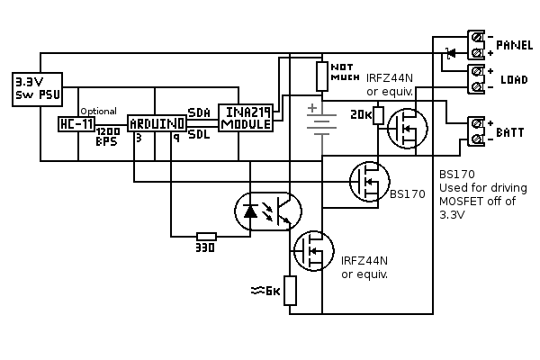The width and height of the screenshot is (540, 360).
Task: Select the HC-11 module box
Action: click(x=75, y=124)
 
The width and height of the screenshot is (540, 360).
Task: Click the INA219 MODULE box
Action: click(x=246, y=118)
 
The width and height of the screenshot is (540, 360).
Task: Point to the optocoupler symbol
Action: click(x=268, y=211)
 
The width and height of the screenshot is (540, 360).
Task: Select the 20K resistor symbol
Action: click(x=379, y=115)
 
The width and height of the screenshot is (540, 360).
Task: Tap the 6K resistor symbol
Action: click(x=290, y=290)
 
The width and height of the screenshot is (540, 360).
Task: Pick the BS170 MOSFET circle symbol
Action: click(x=367, y=182)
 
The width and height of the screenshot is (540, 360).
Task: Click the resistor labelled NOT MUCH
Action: click(x=322, y=74)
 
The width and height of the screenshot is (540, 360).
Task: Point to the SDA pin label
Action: click(x=200, y=112)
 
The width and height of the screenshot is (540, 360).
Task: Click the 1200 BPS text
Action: click(x=108, y=136)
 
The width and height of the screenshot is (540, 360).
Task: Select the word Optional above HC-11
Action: click(x=98, y=111)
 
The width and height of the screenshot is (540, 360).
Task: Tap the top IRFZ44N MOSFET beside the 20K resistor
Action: click(x=407, y=130)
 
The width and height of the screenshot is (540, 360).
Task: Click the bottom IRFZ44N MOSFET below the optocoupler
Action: click(x=314, y=250)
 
